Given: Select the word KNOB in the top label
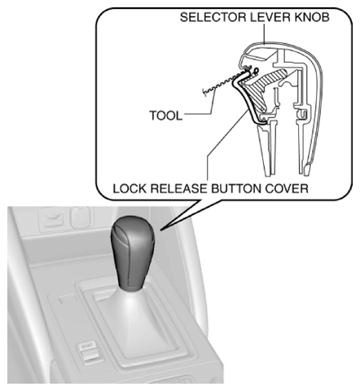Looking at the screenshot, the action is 311,17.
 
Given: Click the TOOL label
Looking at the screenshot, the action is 165,116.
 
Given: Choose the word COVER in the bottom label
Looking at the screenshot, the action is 287,188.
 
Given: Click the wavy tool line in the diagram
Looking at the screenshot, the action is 226,82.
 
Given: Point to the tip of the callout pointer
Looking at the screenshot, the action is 160,231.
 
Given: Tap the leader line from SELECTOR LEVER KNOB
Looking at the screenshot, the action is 264,33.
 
